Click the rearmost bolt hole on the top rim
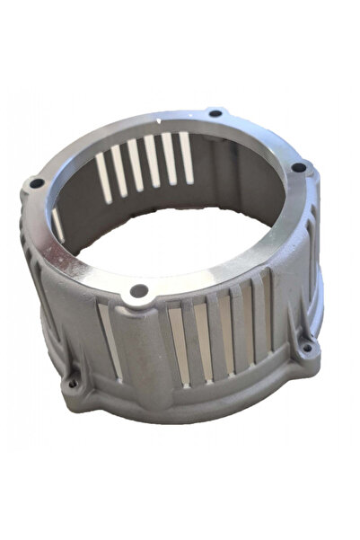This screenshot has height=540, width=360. click(x=215, y=113)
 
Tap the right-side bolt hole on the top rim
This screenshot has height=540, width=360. click(x=298, y=167)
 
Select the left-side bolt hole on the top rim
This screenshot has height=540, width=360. click(x=37, y=183)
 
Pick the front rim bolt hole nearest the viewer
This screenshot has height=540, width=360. click(x=139, y=290)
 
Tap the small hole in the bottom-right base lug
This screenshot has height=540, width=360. click(x=306, y=348)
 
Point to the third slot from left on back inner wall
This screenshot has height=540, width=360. click(x=136, y=164)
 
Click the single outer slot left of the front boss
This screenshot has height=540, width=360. click(x=110, y=340)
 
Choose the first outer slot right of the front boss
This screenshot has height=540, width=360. click(x=178, y=347)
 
